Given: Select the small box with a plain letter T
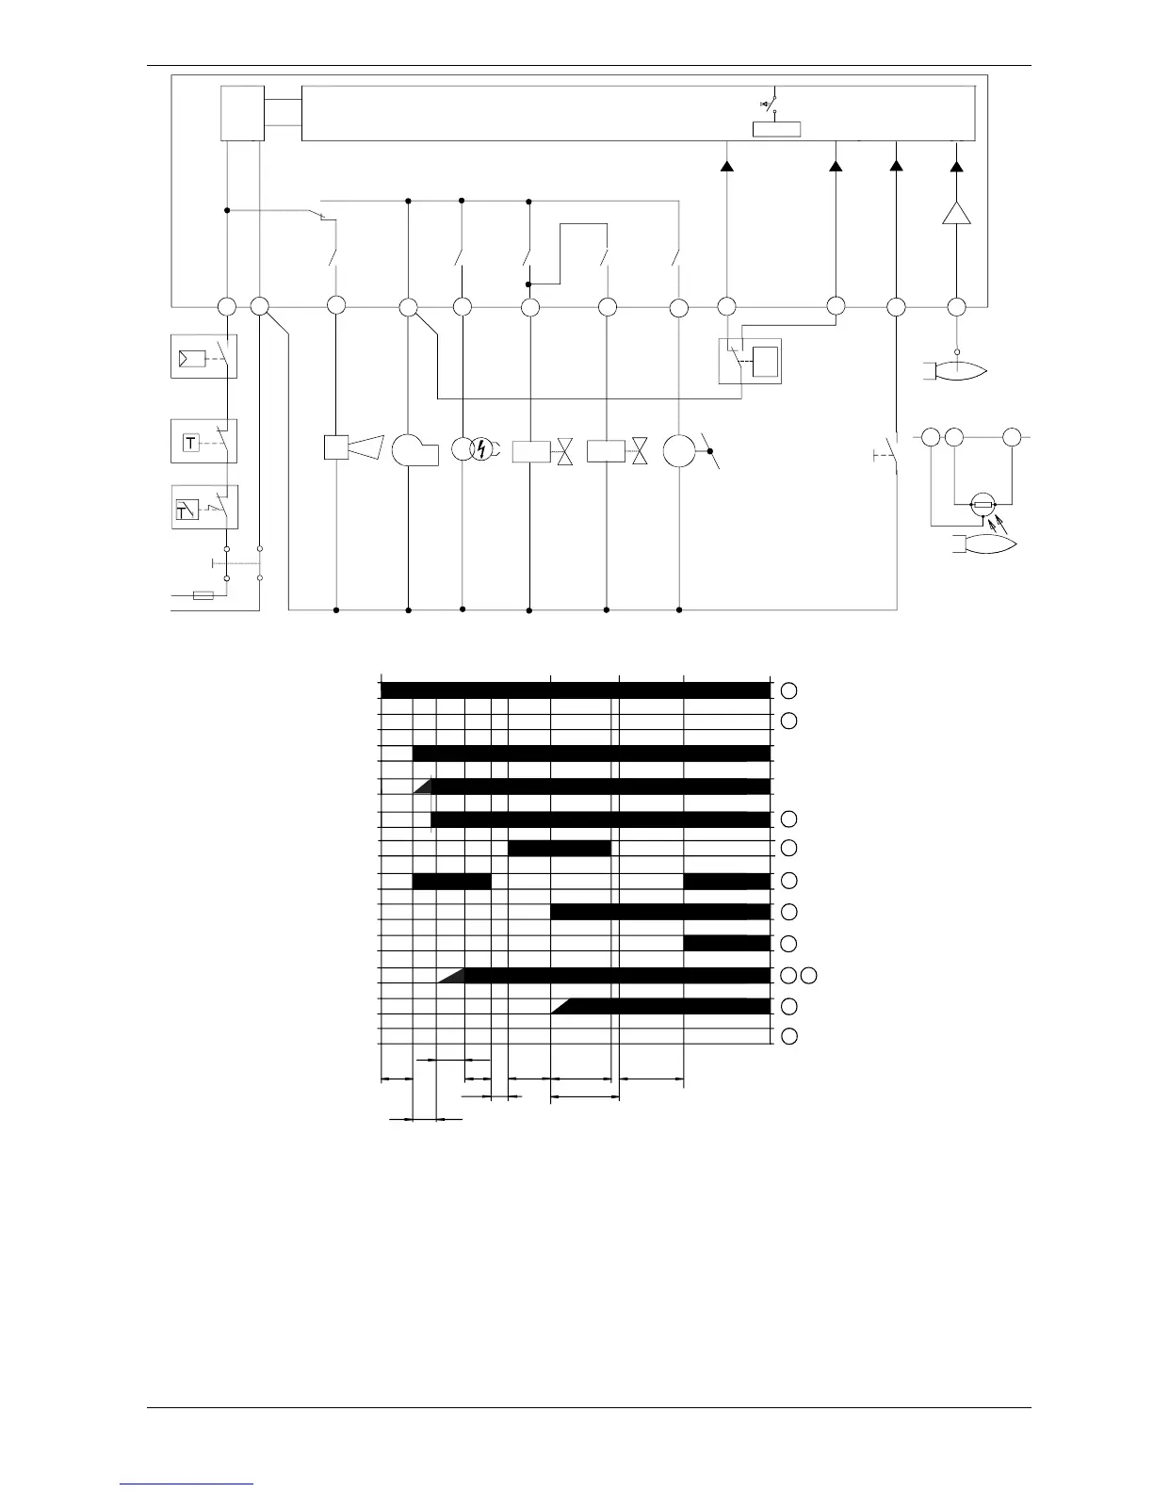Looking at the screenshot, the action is [191, 443].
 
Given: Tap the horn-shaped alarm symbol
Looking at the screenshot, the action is [366, 446].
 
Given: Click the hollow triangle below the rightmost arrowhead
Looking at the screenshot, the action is [956, 213].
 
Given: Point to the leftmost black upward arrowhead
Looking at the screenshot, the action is [726, 166].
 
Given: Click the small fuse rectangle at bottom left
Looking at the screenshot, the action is [203, 595].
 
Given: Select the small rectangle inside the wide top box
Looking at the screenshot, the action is [776, 129].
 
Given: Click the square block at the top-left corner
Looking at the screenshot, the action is [242, 113].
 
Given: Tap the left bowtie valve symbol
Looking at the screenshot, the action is [565, 451].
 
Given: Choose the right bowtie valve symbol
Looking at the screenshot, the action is [641, 451].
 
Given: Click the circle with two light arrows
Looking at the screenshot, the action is [984, 506].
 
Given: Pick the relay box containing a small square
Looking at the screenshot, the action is [750, 361].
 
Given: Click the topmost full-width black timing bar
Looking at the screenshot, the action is [575, 690].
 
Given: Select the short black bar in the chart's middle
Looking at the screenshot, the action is [560, 848].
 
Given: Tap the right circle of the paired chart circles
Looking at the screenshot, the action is [808, 975].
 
